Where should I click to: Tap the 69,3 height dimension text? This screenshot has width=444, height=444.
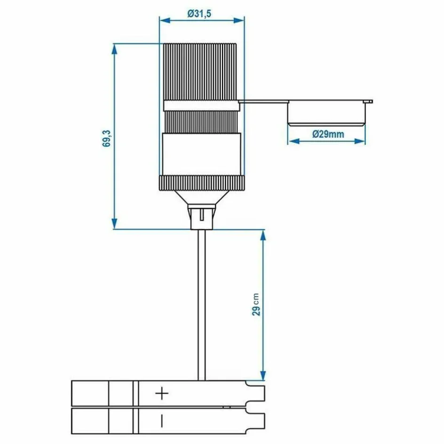[x=107, y=137]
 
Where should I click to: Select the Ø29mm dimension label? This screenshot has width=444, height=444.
[x=328, y=135]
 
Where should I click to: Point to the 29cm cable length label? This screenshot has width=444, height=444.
[x=256, y=305]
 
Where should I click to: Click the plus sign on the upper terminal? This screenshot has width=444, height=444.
[x=161, y=393]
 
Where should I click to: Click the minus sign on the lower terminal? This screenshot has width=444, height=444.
[x=161, y=420]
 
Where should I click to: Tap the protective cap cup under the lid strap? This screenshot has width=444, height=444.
[x=326, y=114]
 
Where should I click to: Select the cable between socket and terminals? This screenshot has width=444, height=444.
[x=202, y=306]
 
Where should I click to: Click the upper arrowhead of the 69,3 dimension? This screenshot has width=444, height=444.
[x=114, y=48]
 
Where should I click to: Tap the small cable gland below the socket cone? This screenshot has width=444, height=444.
[x=202, y=216]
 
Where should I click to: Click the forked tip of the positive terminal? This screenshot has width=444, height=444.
[x=256, y=393]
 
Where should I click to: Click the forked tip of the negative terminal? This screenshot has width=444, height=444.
[x=256, y=419]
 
